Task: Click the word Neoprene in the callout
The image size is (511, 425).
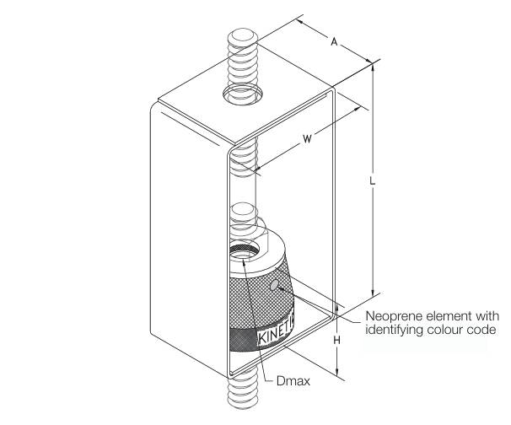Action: pyautogui.click(x=392, y=316)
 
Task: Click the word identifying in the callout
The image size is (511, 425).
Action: pyautogui.click(x=396, y=329)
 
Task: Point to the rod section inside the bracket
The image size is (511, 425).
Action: pyautogui.click(x=240, y=177)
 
